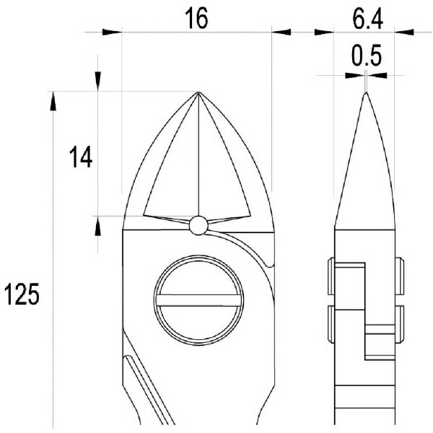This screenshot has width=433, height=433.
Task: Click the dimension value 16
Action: point(196,18)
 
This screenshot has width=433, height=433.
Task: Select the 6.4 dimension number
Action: point(367,19)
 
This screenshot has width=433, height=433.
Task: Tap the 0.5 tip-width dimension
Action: point(367,56)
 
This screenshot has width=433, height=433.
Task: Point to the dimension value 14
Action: point(81,157)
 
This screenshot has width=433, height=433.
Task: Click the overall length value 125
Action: point(22,294)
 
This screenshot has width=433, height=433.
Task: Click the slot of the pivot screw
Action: point(198,300)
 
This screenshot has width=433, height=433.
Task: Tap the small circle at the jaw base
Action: point(198,225)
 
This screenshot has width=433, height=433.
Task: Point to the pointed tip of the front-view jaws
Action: point(198,92)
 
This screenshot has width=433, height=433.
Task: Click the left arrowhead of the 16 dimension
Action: point(112,32)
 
